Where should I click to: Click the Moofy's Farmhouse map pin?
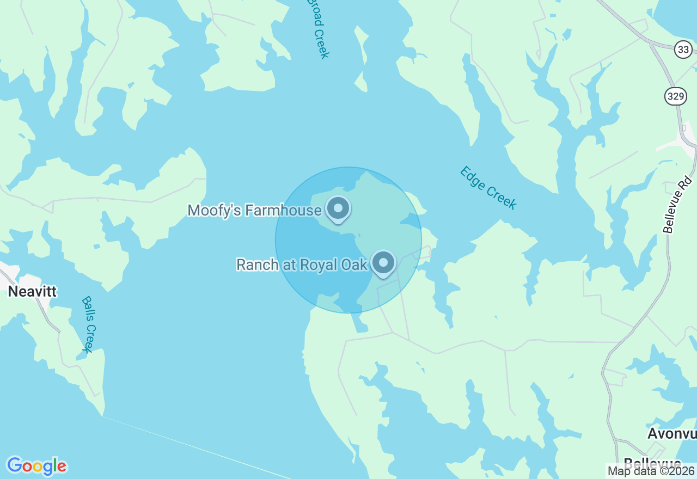(338, 208)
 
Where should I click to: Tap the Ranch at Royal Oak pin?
(383, 263)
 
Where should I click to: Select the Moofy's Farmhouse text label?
(254, 210)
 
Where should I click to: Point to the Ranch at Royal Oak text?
(302, 265)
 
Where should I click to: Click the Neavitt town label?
(32, 291)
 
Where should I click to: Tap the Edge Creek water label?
(488, 187)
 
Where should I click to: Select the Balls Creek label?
(89, 324)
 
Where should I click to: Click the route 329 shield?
(675, 96)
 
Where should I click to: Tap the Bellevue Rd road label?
(678, 205)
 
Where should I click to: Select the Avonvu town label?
(672, 433)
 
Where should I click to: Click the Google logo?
(36, 466)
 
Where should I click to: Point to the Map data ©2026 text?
(651, 471)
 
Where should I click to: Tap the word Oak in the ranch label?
(356, 265)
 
